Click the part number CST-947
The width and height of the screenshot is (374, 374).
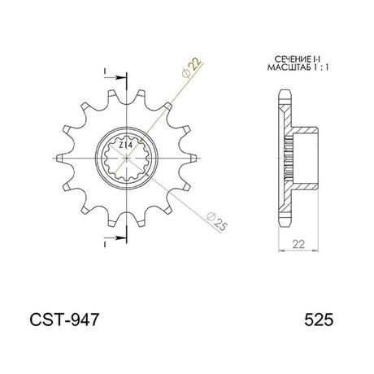(x=64, y=320)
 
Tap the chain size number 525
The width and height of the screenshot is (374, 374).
(x=319, y=320)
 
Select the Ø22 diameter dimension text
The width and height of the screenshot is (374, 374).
(x=192, y=67)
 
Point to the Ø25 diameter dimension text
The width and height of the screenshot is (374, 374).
(x=216, y=222)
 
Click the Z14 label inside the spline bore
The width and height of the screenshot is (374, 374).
(x=126, y=146)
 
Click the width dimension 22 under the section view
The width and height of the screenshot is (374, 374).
(x=298, y=244)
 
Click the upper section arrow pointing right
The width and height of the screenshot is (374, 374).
(x=115, y=77)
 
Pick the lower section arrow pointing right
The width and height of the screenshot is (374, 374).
(x=115, y=238)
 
